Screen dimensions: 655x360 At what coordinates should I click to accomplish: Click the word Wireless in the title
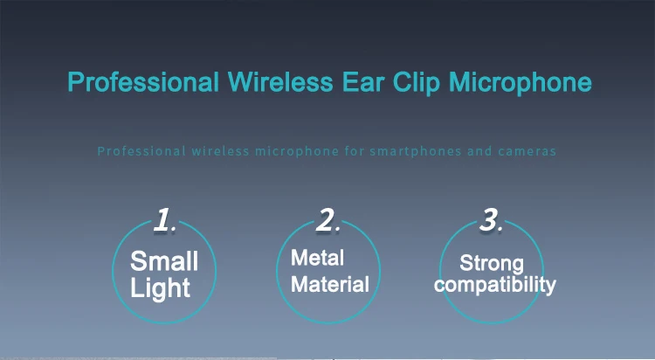pyautogui.click(x=280, y=82)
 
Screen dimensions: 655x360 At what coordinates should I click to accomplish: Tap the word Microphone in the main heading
pyautogui.click(x=521, y=83)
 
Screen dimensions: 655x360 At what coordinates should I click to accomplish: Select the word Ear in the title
pyautogui.click(x=363, y=82)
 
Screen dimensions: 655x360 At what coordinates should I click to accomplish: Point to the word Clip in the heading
pyautogui.click(x=416, y=83)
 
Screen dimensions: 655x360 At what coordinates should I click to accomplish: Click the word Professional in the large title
pyautogui.click(x=143, y=82)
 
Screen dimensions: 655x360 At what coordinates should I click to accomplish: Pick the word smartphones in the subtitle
pyautogui.click(x=416, y=151)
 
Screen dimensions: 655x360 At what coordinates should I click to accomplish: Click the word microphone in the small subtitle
pyautogui.click(x=297, y=151)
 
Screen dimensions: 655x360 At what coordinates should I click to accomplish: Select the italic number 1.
pyautogui.click(x=164, y=220)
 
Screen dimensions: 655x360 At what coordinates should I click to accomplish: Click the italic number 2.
pyautogui.click(x=327, y=220)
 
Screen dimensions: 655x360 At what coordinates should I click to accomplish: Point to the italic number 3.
pyautogui.click(x=491, y=220)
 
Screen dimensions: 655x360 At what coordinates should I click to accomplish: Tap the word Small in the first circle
pyautogui.click(x=164, y=261)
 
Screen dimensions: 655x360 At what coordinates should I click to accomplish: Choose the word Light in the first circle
pyautogui.click(x=161, y=288)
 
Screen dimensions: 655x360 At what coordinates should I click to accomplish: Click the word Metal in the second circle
pyautogui.click(x=318, y=258)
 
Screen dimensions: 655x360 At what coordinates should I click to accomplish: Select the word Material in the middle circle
pyautogui.click(x=330, y=284)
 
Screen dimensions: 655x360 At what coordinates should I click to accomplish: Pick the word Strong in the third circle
pyautogui.click(x=492, y=264)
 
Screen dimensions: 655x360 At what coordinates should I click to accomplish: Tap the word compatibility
pyautogui.click(x=495, y=286)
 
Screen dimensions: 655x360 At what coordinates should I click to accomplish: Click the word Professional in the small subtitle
pyautogui.click(x=141, y=151)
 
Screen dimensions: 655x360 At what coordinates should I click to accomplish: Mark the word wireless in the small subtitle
pyautogui.click(x=221, y=151)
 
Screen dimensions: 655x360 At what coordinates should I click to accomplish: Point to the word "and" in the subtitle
pyautogui.click(x=479, y=151)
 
